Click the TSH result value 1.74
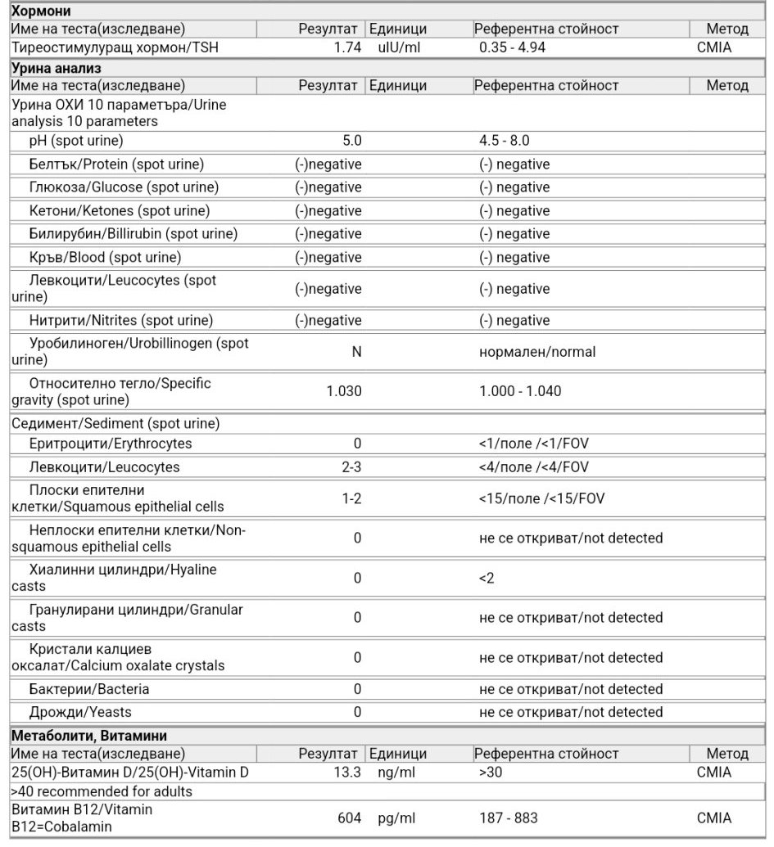coord(347,47)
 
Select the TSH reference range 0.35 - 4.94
coord(513,47)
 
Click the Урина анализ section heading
coord(56,67)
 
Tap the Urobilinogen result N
coord(356,352)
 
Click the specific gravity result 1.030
coord(344,391)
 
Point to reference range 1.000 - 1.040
coord(521,391)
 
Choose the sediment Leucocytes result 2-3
coord(351,467)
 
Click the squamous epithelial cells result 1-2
coord(351,498)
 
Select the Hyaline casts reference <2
coord(487,579)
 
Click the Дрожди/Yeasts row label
coord(79,712)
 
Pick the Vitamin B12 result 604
coord(350,818)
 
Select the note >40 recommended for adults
coord(102,791)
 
